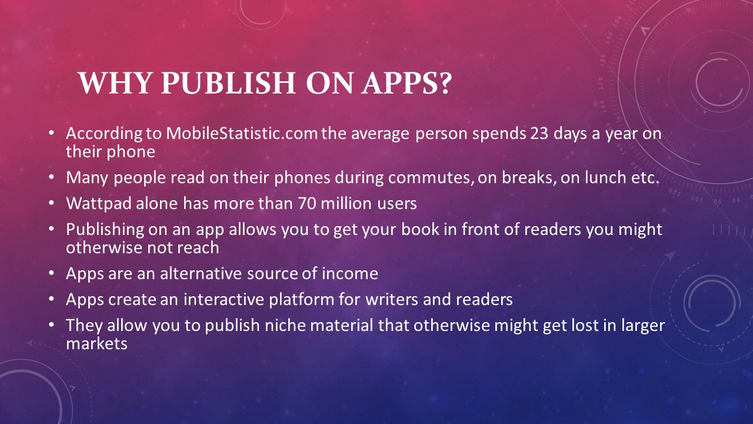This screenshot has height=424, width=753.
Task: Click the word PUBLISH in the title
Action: [x=228, y=83]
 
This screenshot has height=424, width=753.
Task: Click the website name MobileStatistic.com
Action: [x=242, y=133]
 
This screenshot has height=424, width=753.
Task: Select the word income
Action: [x=350, y=273]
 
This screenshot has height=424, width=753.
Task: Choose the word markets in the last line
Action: [x=97, y=344]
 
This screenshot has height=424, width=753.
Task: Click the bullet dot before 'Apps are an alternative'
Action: [x=51, y=273]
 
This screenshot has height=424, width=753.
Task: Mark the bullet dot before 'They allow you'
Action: [x=51, y=324]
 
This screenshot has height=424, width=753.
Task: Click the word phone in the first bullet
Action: [x=131, y=152]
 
